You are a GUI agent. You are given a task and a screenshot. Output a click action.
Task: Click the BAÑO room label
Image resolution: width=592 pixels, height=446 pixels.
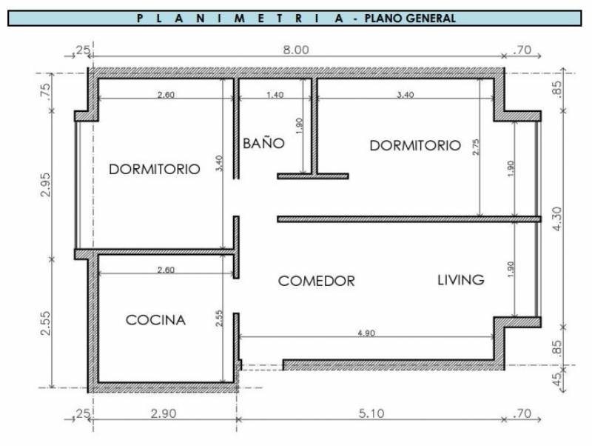(263, 143)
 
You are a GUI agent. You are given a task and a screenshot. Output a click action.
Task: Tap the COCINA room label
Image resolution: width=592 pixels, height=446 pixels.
(155, 320)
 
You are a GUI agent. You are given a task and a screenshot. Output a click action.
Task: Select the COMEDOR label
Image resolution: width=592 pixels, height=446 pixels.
(317, 281)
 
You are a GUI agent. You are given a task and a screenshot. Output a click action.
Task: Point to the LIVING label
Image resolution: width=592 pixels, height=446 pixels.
(460, 280)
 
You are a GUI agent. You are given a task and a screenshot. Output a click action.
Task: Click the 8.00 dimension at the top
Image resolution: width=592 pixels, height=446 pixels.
(296, 50)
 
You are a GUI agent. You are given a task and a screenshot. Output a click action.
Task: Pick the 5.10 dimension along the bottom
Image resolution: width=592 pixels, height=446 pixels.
(371, 413)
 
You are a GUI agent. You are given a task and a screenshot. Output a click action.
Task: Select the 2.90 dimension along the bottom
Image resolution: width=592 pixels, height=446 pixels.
(164, 413)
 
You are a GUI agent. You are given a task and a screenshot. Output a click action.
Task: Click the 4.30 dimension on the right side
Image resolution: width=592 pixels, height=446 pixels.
(556, 219)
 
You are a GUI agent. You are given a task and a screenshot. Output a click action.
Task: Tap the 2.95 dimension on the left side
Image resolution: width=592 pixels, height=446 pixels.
(45, 184)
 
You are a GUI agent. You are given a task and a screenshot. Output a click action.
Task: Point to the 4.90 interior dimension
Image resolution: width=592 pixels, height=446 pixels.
(366, 333)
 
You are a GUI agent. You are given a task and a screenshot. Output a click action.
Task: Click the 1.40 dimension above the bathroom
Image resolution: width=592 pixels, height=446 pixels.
(275, 95)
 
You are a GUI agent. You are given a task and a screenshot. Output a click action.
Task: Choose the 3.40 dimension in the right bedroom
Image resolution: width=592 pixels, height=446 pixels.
(405, 95)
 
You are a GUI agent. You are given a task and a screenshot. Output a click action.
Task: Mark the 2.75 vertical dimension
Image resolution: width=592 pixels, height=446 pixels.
(475, 147)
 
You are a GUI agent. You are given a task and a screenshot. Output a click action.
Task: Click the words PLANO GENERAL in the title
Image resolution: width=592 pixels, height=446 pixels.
(411, 18)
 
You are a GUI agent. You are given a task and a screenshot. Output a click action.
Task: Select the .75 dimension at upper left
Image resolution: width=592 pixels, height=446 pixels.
(45, 90)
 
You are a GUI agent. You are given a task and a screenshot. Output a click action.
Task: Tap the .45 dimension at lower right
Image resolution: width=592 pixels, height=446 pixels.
(556, 379)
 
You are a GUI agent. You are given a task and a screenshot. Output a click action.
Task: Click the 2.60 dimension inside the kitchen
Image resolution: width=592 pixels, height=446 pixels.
(166, 270)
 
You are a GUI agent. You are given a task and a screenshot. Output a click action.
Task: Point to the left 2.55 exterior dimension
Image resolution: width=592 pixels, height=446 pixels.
(45, 323)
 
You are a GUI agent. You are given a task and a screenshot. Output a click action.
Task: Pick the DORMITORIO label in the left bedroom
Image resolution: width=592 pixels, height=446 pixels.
(155, 169)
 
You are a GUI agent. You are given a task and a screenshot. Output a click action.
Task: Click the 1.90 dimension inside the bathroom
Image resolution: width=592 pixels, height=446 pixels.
(299, 126)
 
